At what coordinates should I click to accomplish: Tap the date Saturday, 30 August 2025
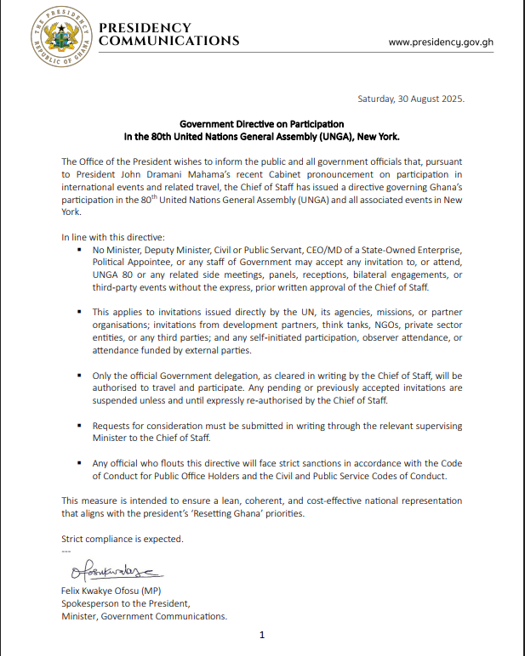(x=411, y=99)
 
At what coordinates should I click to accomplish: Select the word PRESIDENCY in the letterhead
(x=146, y=28)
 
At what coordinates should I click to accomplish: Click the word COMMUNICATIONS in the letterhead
(x=169, y=41)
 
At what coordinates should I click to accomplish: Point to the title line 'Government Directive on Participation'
(x=262, y=124)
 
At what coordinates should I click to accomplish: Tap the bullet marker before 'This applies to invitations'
(x=79, y=312)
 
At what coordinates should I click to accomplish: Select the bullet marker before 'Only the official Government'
(x=79, y=375)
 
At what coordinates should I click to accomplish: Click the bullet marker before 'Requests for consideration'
(x=79, y=425)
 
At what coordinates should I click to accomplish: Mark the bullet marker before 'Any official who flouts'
(x=79, y=463)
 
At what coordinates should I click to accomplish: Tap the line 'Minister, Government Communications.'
(x=145, y=616)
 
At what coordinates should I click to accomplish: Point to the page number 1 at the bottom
(x=262, y=635)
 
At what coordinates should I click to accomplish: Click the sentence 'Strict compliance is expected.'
(x=122, y=539)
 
